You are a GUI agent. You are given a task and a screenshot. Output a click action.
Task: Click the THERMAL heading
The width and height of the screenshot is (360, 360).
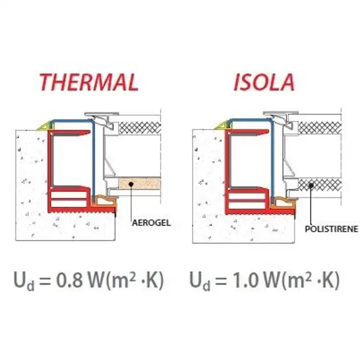pos(89,82)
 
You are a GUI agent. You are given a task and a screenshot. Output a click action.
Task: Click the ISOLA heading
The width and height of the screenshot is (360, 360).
pos(264,82)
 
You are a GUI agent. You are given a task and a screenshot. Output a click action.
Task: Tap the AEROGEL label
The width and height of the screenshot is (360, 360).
pos(152,223)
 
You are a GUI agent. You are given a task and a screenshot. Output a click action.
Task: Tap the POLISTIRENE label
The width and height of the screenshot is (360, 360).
pos(331,228)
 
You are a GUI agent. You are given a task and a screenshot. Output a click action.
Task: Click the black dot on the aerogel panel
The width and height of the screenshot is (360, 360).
pos(131,184)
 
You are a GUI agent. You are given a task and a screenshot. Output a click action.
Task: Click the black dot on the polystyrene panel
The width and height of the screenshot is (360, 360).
pos(311,185)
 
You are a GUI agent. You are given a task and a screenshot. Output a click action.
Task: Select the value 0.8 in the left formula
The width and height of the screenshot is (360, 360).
pos(69,280)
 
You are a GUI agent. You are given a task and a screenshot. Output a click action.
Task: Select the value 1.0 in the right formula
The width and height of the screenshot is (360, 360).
pos(245,280)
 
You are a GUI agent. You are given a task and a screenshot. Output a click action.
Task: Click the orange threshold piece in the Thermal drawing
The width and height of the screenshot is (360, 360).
pos(105,201)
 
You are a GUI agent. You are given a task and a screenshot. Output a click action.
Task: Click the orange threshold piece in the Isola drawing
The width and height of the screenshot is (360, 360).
pos(283,202)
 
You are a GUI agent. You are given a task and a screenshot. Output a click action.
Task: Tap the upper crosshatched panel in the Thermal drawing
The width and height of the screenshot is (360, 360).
pos(140,128)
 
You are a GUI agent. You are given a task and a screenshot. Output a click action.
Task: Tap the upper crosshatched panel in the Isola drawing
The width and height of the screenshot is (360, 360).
pos(320,128)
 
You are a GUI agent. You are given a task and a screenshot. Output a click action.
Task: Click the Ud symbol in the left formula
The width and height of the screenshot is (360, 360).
pos(24,281)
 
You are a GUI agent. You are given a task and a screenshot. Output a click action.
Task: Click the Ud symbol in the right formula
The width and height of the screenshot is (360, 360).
pos(200,281)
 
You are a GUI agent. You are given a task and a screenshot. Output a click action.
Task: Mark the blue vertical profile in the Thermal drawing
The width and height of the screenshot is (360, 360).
pos(93,161)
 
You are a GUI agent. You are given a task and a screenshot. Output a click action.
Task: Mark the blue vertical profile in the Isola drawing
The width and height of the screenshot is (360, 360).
pos(273,161)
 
